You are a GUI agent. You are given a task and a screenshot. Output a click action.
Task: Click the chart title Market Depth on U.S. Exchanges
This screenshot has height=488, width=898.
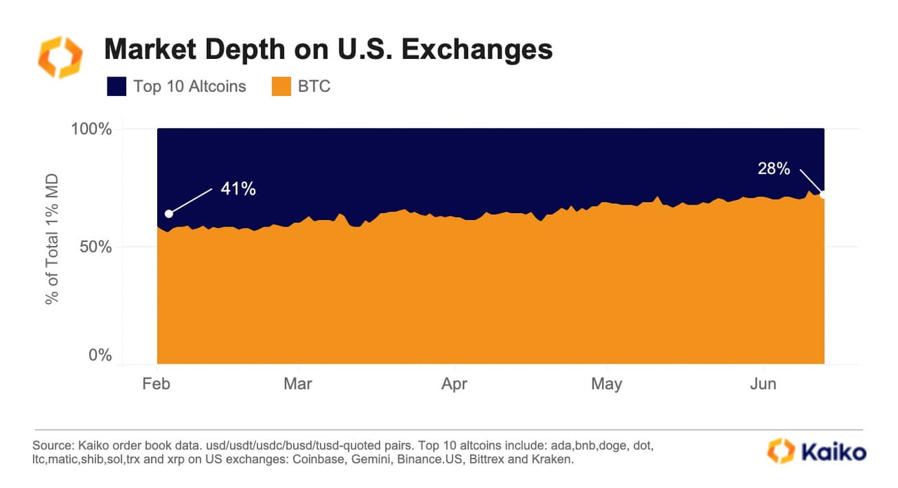pyautogui.click(x=328, y=50)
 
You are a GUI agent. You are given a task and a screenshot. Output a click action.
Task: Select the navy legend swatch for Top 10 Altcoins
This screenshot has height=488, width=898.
pyautogui.click(x=116, y=87)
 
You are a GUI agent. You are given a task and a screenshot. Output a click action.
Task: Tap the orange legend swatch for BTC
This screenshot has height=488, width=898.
pyautogui.click(x=281, y=87)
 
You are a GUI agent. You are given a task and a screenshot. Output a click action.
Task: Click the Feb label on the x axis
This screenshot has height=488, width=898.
pyautogui.click(x=157, y=384)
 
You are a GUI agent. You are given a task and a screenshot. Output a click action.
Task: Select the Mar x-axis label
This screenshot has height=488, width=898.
pyautogui.click(x=298, y=384)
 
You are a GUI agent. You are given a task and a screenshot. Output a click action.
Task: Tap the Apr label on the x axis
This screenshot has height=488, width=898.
pyautogui.click(x=455, y=384)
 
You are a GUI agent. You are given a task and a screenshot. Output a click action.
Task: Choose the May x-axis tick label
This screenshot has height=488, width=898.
pyautogui.click(x=606, y=384)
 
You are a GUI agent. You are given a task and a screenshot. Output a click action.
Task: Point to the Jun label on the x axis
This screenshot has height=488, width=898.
pyautogui.click(x=763, y=384)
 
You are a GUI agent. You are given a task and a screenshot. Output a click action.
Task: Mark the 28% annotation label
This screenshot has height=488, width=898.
pyautogui.click(x=774, y=169)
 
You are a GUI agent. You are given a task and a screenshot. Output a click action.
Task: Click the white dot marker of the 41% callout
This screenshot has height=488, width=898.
pyautogui.click(x=168, y=214)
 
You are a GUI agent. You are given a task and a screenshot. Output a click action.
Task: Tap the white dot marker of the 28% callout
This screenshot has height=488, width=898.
pyautogui.click(x=823, y=194)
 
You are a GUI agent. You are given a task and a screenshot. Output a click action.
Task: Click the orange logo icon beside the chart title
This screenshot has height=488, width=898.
pyautogui.click(x=60, y=57)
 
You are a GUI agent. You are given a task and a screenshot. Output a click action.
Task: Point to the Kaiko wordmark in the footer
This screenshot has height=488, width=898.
pyautogui.click(x=817, y=452)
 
